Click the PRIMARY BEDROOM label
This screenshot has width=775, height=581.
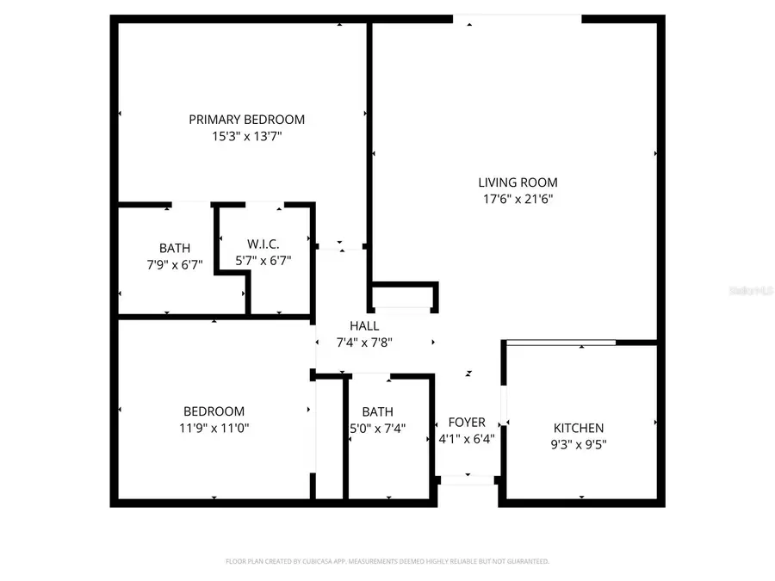246,120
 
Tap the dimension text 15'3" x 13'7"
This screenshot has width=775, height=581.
246,136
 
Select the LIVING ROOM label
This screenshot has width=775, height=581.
518,182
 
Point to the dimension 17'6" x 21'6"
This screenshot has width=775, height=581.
518,199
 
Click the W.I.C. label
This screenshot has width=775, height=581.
263,244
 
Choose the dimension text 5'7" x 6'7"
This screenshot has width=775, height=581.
263,260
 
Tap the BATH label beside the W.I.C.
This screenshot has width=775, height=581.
175,249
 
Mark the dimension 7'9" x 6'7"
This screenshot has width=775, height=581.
175,264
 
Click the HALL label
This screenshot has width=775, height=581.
363,326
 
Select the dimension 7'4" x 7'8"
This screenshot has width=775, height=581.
363,342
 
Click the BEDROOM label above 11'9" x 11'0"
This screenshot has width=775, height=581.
214,411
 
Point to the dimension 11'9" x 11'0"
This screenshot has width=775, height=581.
214,428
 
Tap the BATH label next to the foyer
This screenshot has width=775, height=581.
377,411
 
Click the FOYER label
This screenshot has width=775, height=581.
467,423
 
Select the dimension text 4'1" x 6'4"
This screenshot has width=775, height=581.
467,438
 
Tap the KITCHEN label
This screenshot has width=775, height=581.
578,428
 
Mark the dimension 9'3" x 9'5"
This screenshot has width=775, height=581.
578,444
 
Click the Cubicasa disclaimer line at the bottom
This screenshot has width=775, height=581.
387,561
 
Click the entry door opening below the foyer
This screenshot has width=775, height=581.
467,480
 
